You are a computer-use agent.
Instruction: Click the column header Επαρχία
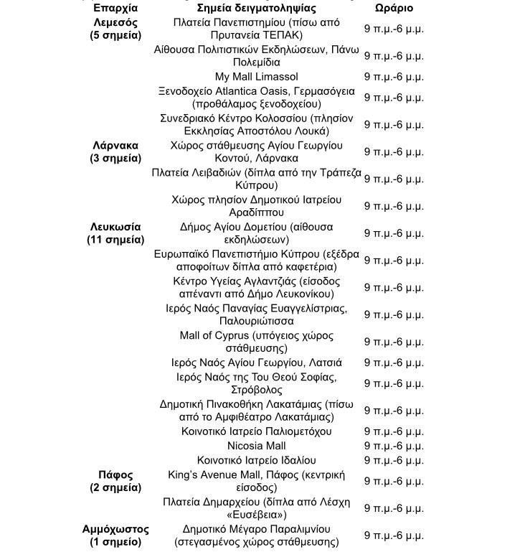115,8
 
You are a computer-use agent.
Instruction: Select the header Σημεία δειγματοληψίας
256,8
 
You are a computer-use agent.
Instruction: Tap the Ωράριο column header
394,8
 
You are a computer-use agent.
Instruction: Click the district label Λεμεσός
115,22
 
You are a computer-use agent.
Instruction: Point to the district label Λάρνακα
115,145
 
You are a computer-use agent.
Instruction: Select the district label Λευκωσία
115,227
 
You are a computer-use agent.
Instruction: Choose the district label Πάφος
115,474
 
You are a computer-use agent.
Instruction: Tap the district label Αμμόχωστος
115,529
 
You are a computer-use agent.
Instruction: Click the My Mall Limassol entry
256,76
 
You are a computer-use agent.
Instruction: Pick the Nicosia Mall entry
256,446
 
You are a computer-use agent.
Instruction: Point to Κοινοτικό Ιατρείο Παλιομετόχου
256,431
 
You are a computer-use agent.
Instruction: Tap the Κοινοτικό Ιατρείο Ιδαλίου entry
256,460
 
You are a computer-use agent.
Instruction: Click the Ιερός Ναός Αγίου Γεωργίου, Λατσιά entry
256,362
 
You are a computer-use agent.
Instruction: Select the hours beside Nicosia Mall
394,446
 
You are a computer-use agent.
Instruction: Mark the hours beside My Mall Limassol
394,76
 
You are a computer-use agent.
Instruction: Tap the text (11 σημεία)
115,240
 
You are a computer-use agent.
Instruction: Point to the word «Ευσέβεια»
257,515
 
